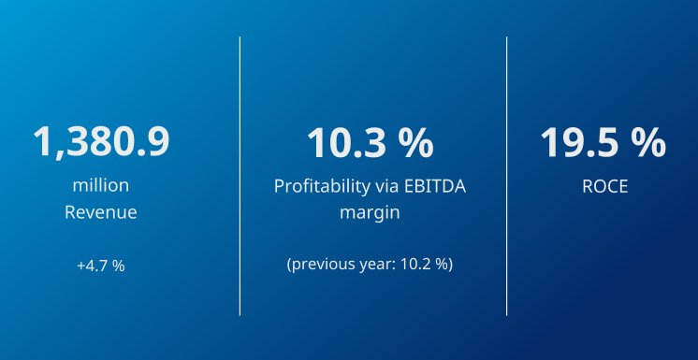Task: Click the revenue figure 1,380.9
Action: point(101,143)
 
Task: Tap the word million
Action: point(101,185)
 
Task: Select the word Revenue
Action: point(101,212)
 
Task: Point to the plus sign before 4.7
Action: point(81,266)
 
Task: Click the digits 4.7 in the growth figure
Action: point(98,266)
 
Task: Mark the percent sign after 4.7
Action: point(119,266)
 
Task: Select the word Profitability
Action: point(317,186)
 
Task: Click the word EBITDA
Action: point(431,186)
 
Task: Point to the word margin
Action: point(370,212)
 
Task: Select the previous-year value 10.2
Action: point(415,265)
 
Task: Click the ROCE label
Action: point(604,186)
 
